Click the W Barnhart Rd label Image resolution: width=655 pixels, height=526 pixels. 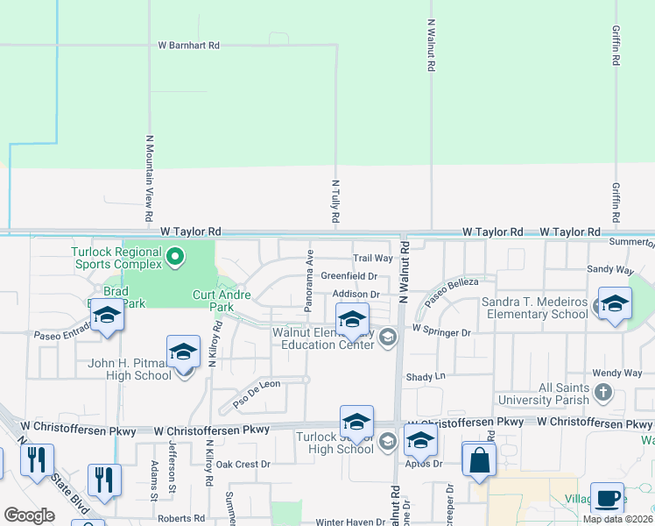click(188, 45)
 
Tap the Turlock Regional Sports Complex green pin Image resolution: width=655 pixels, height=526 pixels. click(175, 257)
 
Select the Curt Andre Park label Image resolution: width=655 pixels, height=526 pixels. click(213, 301)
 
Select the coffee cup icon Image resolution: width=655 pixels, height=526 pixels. click(607, 499)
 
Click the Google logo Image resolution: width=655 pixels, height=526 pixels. click(29, 515)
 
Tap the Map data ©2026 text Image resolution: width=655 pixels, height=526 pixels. click(616, 519)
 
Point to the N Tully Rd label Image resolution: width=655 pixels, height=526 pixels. click(335, 202)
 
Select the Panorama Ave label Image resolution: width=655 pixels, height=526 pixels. click(308, 280)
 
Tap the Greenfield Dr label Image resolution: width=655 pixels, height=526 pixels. click(349, 275)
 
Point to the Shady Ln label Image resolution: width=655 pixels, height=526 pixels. click(426, 376)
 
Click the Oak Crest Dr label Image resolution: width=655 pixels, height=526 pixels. click(243, 464)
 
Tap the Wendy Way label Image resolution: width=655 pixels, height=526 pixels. click(611, 373)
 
